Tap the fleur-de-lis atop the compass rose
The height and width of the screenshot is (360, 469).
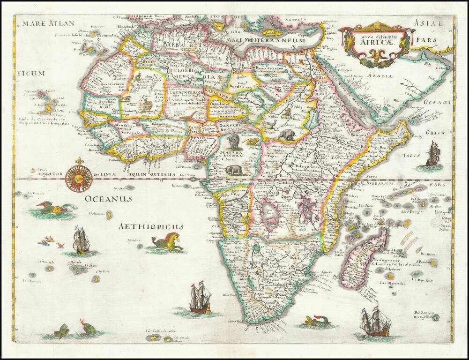(x=79, y=161)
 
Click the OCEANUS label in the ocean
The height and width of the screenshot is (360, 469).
(x=108, y=199)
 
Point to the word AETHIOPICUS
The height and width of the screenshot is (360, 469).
(x=150, y=227)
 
